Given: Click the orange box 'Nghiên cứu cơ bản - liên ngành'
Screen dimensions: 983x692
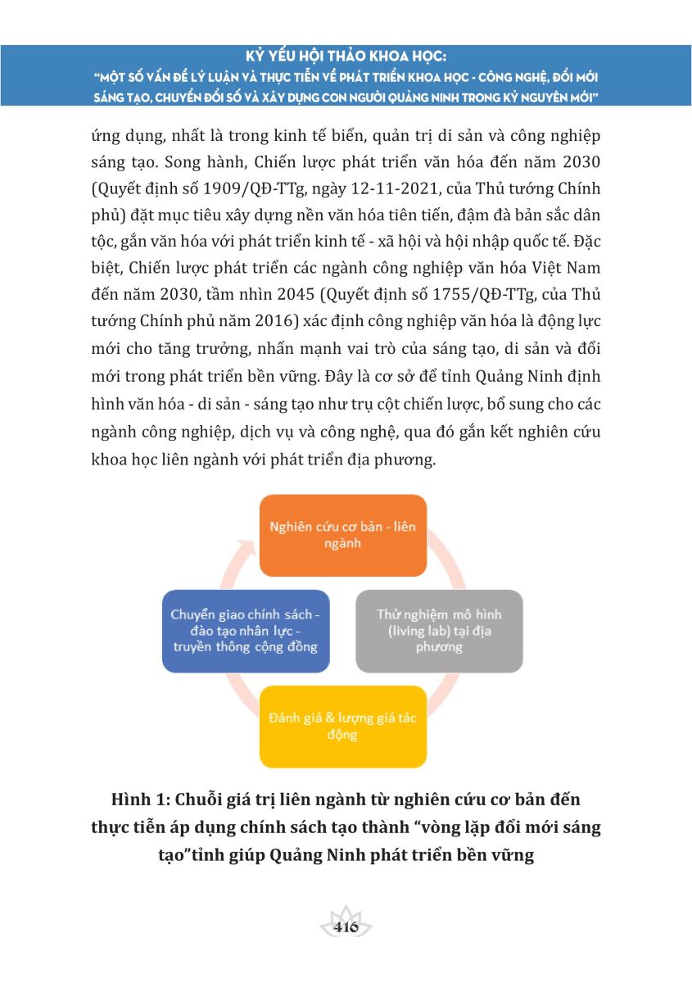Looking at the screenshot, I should tap(343, 534).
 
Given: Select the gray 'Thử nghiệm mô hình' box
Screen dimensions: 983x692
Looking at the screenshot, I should tap(439, 630).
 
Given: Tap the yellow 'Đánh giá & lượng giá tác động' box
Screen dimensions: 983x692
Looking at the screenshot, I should tap(343, 727).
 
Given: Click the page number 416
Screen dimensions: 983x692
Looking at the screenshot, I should tap(346, 927).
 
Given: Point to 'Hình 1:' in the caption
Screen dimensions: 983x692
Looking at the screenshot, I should tap(140, 798).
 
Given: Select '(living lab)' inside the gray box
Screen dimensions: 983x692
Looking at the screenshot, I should tap(411, 631).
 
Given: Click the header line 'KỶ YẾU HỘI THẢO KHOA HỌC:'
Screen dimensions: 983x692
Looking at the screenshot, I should tap(346, 58).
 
